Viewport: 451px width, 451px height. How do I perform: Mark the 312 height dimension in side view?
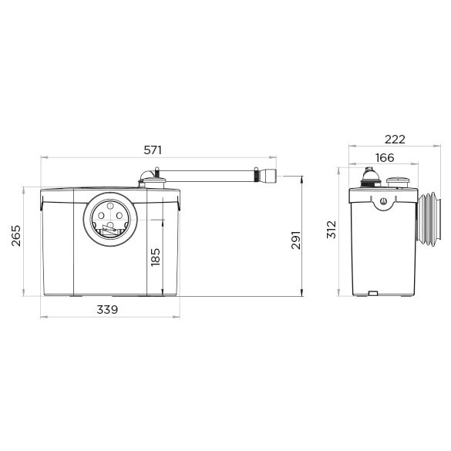pos(332,230)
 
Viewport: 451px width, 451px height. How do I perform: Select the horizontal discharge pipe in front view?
pos(208,175)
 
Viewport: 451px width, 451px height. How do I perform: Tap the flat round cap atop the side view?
pos(397,183)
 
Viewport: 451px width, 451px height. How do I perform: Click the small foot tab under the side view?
pos(372,293)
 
